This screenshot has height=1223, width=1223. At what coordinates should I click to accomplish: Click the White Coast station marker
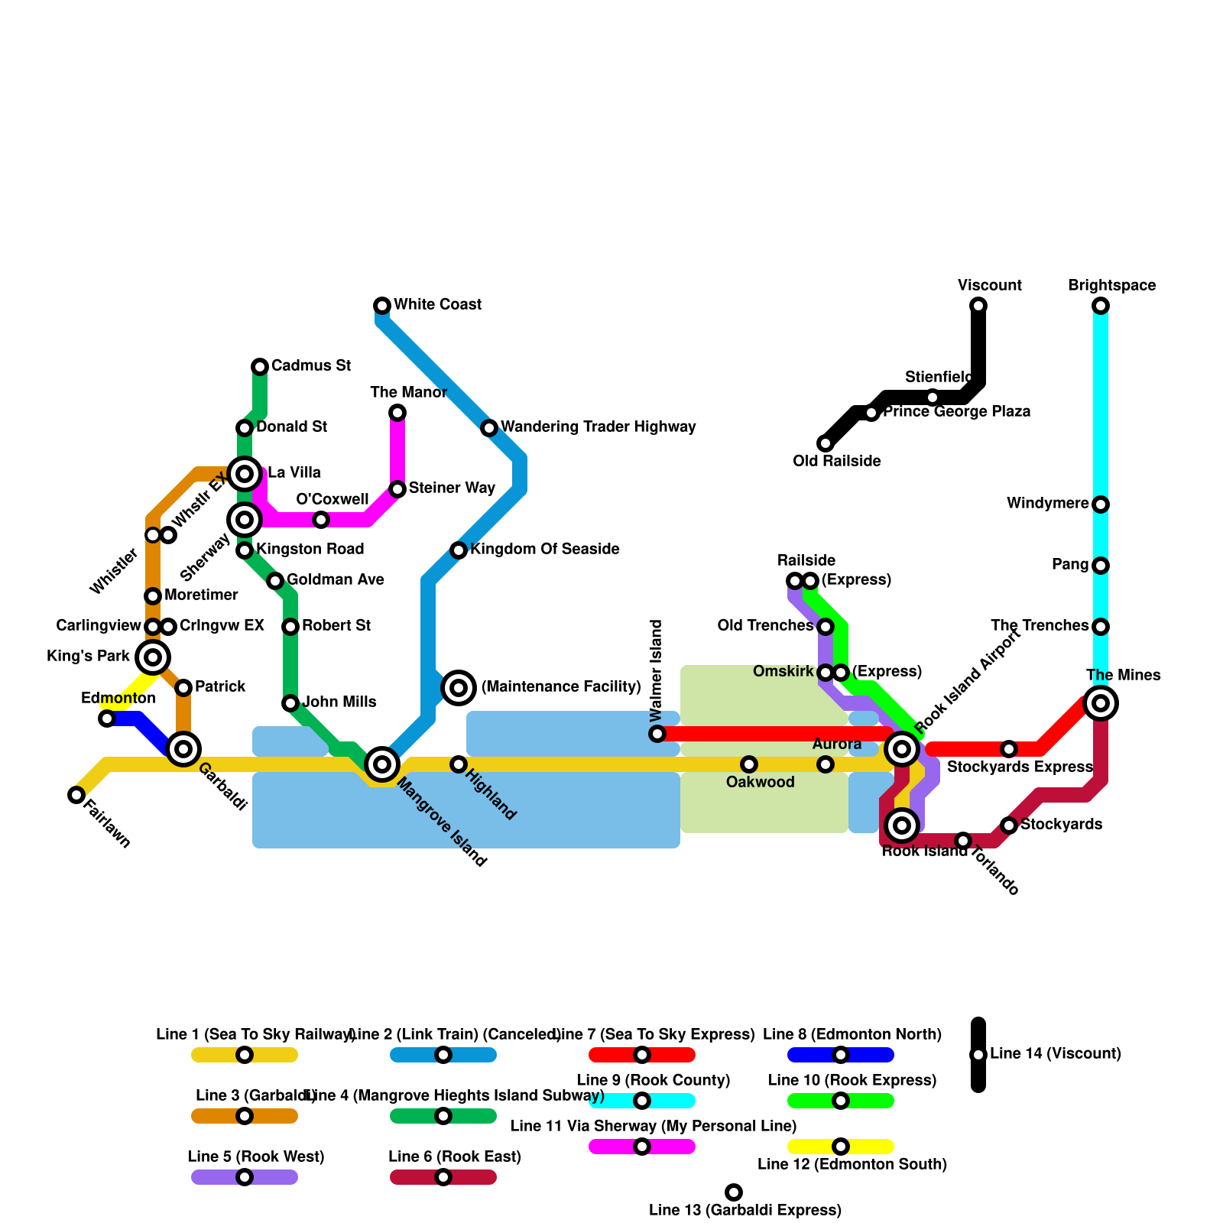pyautogui.click(x=382, y=306)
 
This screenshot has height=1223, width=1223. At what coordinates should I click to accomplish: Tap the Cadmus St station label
pyautogui.click(x=310, y=366)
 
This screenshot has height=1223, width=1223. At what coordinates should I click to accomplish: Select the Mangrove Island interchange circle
pyautogui.click(x=382, y=764)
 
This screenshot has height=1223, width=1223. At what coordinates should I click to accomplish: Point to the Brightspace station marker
pyautogui.click(x=1101, y=306)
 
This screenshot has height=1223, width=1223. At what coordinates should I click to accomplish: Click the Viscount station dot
pyautogui.click(x=978, y=306)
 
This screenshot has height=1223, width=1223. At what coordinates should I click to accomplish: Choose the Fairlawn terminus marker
pyautogui.click(x=76, y=795)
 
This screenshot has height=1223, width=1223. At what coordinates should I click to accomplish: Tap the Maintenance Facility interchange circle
pyautogui.click(x=459, y=688)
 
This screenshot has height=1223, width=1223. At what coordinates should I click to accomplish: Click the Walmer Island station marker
pyautogui.click(x=657, y=734)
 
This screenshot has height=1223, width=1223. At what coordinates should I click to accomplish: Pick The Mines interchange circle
pyautogui.click(x=1101, y=703)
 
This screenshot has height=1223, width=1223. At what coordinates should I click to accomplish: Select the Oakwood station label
pyautogui.click(x=760, y=782)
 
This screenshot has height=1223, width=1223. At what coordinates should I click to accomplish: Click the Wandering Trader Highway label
pyautogui.click(x=598, y=427)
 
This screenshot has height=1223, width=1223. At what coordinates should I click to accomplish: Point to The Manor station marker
pyautogui.click(x=397, y=413)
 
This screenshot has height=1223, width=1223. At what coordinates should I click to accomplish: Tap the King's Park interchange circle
pyautogui.click(x=153, y=657)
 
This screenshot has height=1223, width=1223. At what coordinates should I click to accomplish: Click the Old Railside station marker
pyautogui.click(x=826, y=443)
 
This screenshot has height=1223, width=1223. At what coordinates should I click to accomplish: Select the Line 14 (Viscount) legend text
pyautogui.click(x=1055, y=1054)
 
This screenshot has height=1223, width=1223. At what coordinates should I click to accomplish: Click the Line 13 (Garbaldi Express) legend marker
pyautogui.click(x=734, y=1192)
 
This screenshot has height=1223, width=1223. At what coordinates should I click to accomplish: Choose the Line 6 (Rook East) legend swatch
pyautogui.click(x=443, y=1177)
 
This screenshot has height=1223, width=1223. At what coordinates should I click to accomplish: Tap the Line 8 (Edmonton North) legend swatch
pyautogui.click(x=841, y=1055)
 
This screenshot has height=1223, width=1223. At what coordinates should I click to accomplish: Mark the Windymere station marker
pyautogui.click(x=1101, y=504)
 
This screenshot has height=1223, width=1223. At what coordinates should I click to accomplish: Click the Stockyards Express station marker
pyautogui.click(x=1009, y=749)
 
